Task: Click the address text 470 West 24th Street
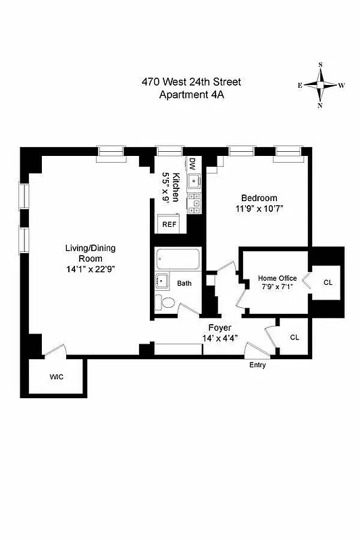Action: [x=190, y=82]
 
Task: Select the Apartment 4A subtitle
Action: [x=190, y=94]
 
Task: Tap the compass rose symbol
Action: [x=320, y=85]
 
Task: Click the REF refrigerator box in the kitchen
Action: [x=168, y=224]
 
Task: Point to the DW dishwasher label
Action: [x=192, y=164]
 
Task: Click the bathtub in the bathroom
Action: [x=177, y=259]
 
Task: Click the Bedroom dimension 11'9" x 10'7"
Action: [x=259, y=209]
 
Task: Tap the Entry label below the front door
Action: [x=257, y=365]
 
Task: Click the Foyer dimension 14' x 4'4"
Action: [x=220, y=338]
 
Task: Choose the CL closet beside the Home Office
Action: [x=328, y=282]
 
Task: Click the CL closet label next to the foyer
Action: [x=294, y=337]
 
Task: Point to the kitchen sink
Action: [x=193, y=180]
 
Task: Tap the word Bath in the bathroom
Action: [x=184, y=283]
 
